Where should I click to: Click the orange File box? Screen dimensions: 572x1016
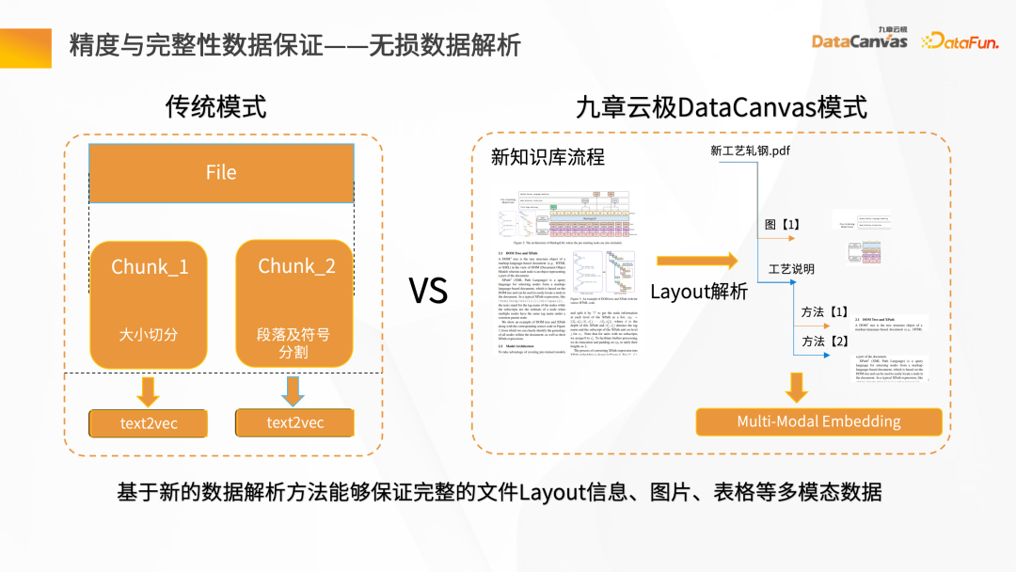[221, 173]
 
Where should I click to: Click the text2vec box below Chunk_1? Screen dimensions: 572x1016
[149, 423]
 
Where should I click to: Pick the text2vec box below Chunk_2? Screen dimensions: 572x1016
[294, 422]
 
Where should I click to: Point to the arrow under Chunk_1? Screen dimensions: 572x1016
[149, 389]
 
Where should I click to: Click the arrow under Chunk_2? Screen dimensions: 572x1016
[294, 389]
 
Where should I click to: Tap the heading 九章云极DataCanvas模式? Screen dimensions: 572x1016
[722, 107]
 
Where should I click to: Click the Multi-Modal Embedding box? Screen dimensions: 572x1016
[818, 421]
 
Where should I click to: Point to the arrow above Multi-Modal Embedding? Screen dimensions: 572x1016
[797, 387]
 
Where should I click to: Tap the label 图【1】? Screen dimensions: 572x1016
[781, 224]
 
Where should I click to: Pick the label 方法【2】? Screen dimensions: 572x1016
[824, 342]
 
